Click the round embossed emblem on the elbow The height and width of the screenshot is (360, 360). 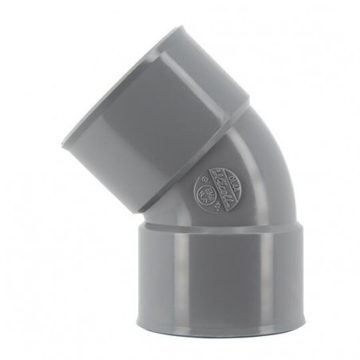click(x=209, y=190)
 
